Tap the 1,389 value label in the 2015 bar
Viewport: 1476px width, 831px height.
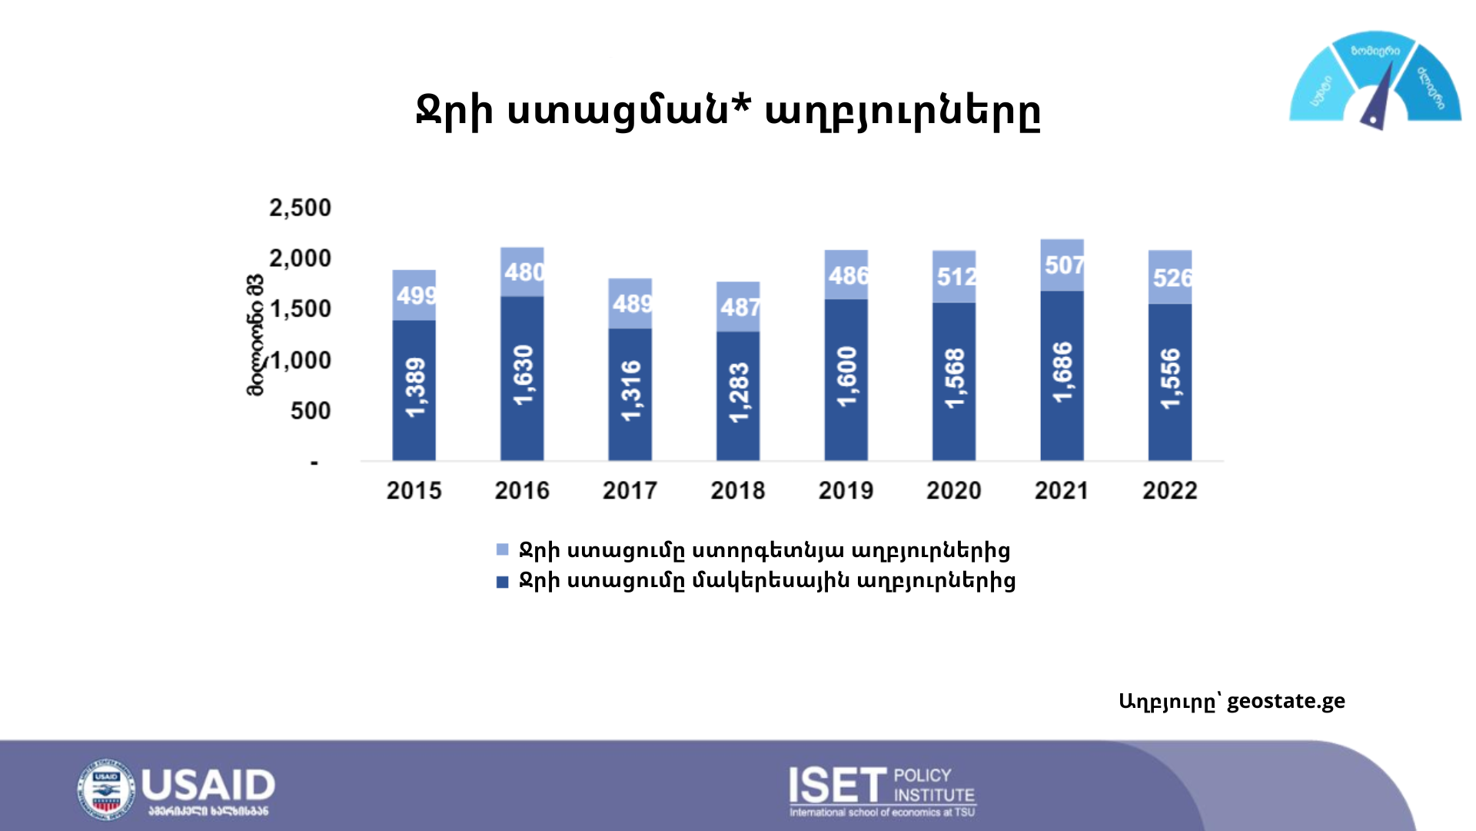click(x=414, y=387)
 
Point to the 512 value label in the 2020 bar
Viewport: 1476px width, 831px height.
click(x=956, y=276)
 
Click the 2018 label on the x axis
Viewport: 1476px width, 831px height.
click(x=738, y=490)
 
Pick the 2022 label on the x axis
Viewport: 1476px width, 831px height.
click(x=1169, y=490)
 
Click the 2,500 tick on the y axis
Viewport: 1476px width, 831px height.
click(x=300, y=208)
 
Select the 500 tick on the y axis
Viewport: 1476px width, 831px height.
click(x=311, y=411)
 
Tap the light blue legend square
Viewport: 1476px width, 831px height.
click(x=503, y=549)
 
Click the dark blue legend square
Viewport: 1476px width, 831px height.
click(x=503, y=582)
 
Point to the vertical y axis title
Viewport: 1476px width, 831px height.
click(x=254, y=335)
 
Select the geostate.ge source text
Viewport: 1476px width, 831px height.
click(x=1285, y=701)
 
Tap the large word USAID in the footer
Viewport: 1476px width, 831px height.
click(x=208, y=785)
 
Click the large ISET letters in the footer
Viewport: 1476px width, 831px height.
click(x=837, y=786)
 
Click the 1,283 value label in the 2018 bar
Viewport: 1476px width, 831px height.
click(x=739, y=392)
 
